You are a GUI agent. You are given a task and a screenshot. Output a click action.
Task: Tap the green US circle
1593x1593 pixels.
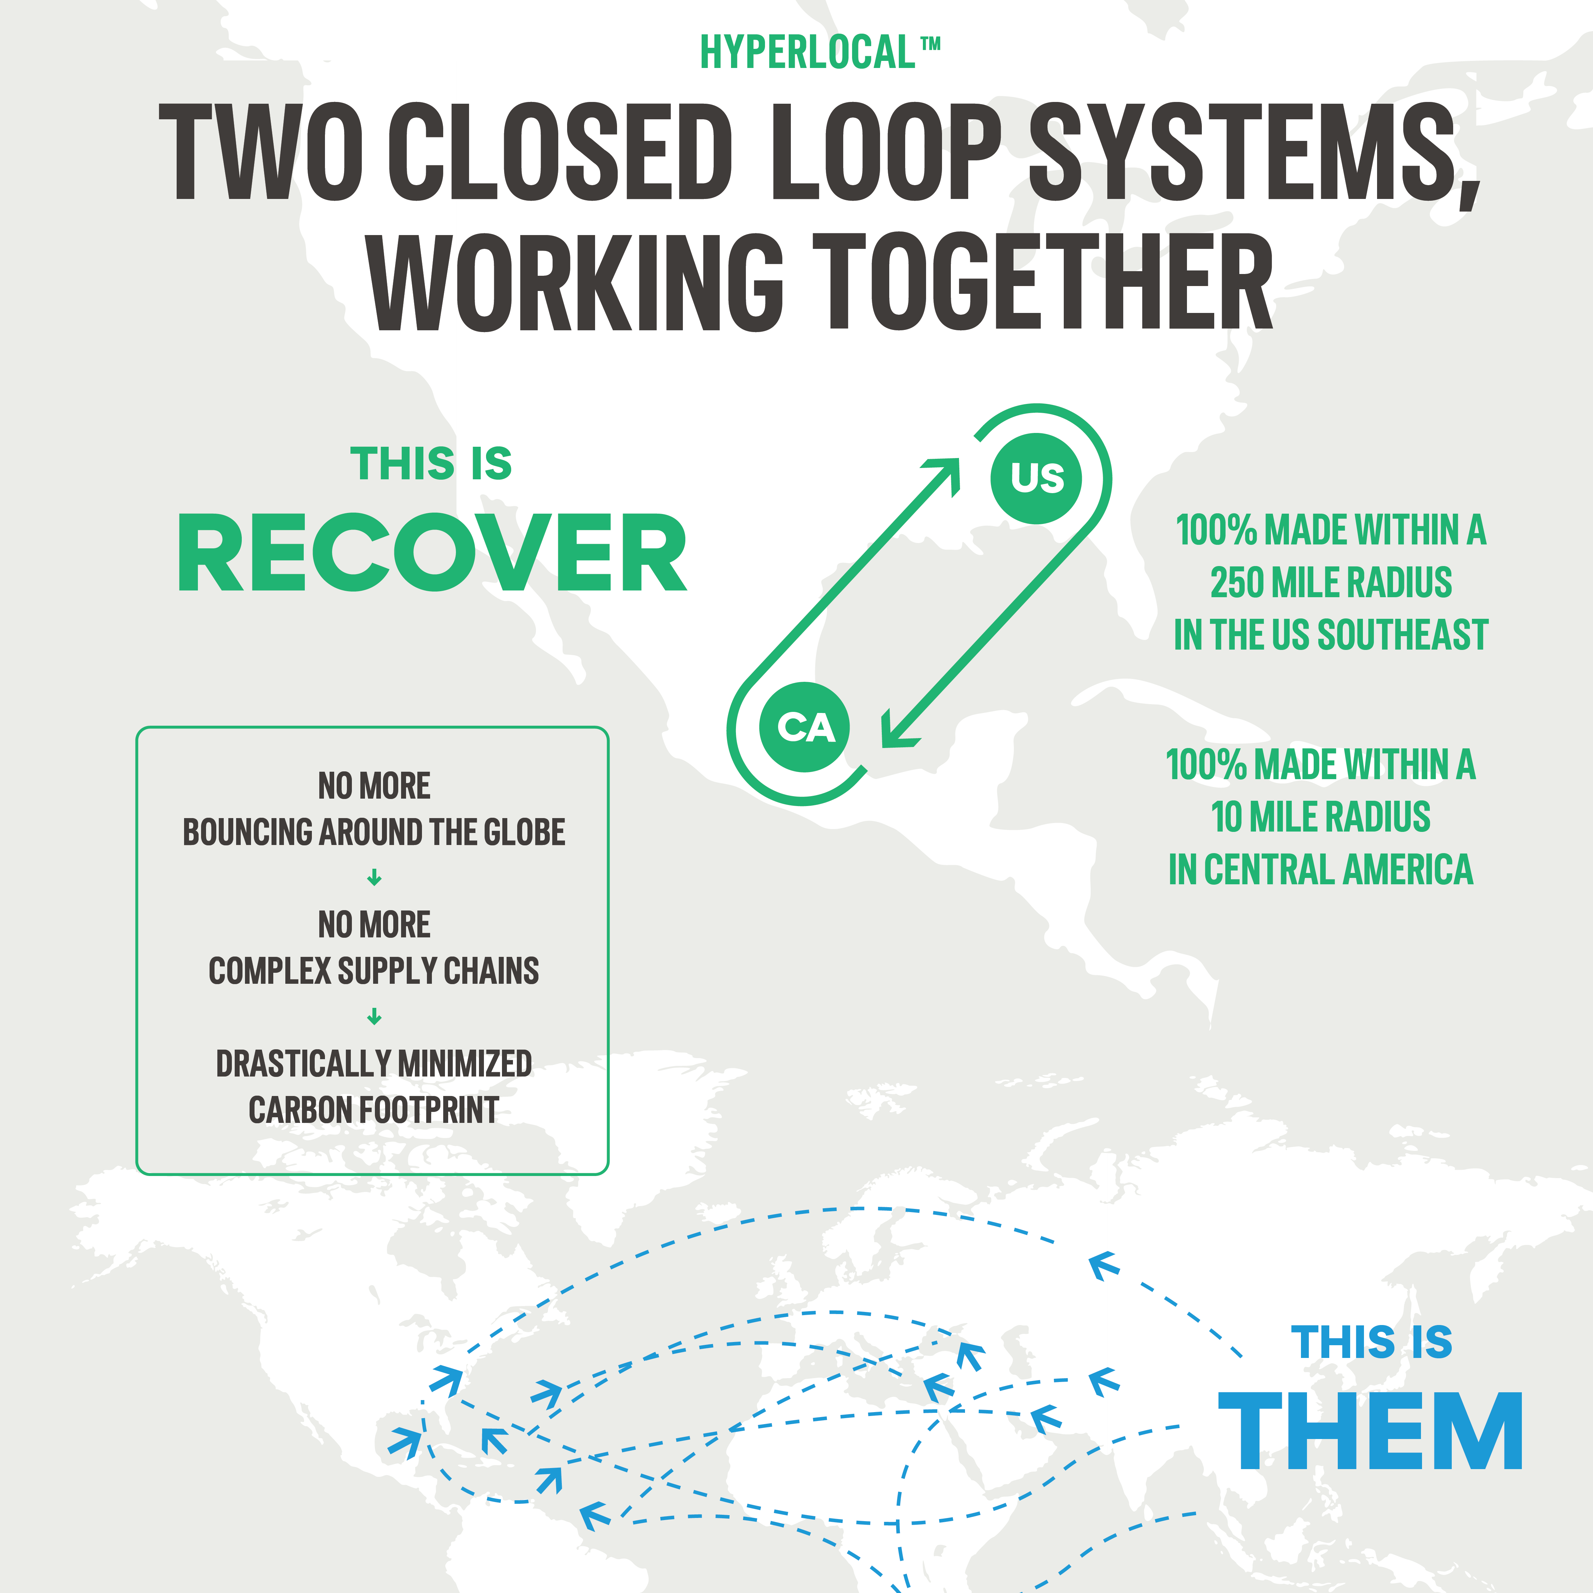[1037, 478]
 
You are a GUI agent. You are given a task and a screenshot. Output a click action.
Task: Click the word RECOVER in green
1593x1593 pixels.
[432, 553]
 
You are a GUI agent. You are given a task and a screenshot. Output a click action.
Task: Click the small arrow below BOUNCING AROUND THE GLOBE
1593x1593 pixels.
[373, 878]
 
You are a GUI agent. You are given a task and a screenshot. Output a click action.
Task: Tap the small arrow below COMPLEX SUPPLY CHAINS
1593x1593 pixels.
[373, 1017]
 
